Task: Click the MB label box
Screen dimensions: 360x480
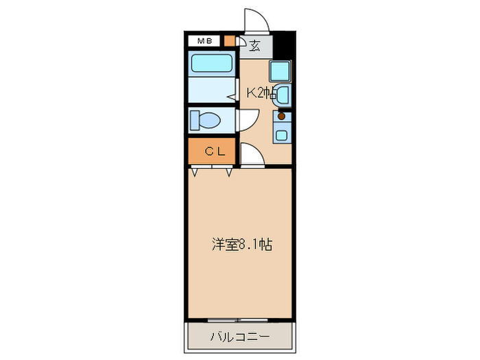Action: (x=204, y=41)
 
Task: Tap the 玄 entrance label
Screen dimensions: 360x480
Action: (x=255, y=46)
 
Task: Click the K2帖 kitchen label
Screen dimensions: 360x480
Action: (x=262, y=94)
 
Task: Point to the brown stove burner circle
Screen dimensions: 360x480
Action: (x=281, y=117)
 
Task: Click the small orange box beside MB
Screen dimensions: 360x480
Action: (x=229, y=41)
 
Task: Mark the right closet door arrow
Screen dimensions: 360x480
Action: (x=229, y=171)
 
